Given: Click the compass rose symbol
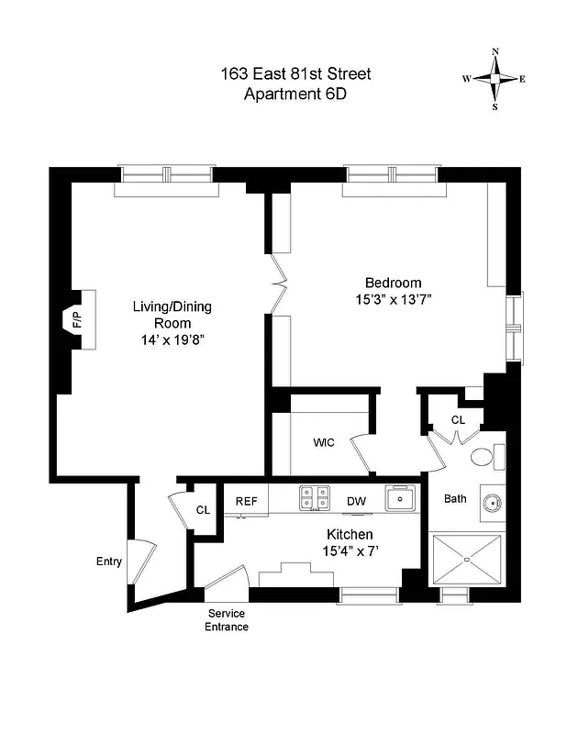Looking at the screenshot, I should [x=495, y=79].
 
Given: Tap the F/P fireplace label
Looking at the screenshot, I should [x=77, y=319].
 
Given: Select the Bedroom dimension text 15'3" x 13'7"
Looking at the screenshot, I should [x=393, y=299].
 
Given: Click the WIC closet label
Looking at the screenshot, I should [x=323, y=442].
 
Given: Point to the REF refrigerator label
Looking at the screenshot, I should [x=246, y=501].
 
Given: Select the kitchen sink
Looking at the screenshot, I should [x=399, y=499].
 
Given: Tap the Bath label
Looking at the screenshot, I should [x=456, y=499].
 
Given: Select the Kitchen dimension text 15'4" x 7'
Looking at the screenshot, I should [x=350, y=550].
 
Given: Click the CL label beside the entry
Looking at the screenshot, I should [x=203, y=511].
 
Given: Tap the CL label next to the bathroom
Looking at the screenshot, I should [x=458, y=419].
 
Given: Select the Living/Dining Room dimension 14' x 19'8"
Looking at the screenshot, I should [x=172, y=339].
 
